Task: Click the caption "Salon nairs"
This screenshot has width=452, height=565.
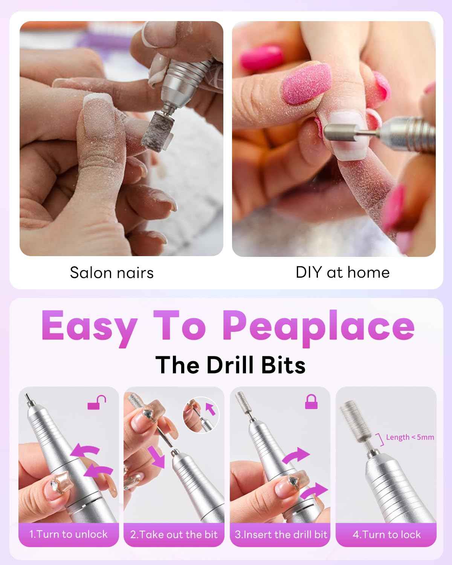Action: [x=112, y=273]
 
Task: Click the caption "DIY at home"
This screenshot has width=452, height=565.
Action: [x=342, y=272]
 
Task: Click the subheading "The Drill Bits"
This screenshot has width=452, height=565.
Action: [x=230, y=365]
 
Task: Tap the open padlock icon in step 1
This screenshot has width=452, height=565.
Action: [x=97, y=403]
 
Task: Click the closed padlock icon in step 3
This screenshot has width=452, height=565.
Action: [x=311, y=402]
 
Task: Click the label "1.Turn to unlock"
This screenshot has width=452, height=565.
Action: [x=69, y=534]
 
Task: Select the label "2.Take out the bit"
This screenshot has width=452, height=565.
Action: [x=174, y=534]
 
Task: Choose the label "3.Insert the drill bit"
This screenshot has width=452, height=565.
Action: [x=281, y=534]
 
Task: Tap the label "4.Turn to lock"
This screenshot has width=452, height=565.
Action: [x=386, y=534]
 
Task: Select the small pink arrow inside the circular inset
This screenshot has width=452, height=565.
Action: [x=211, y=409]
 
